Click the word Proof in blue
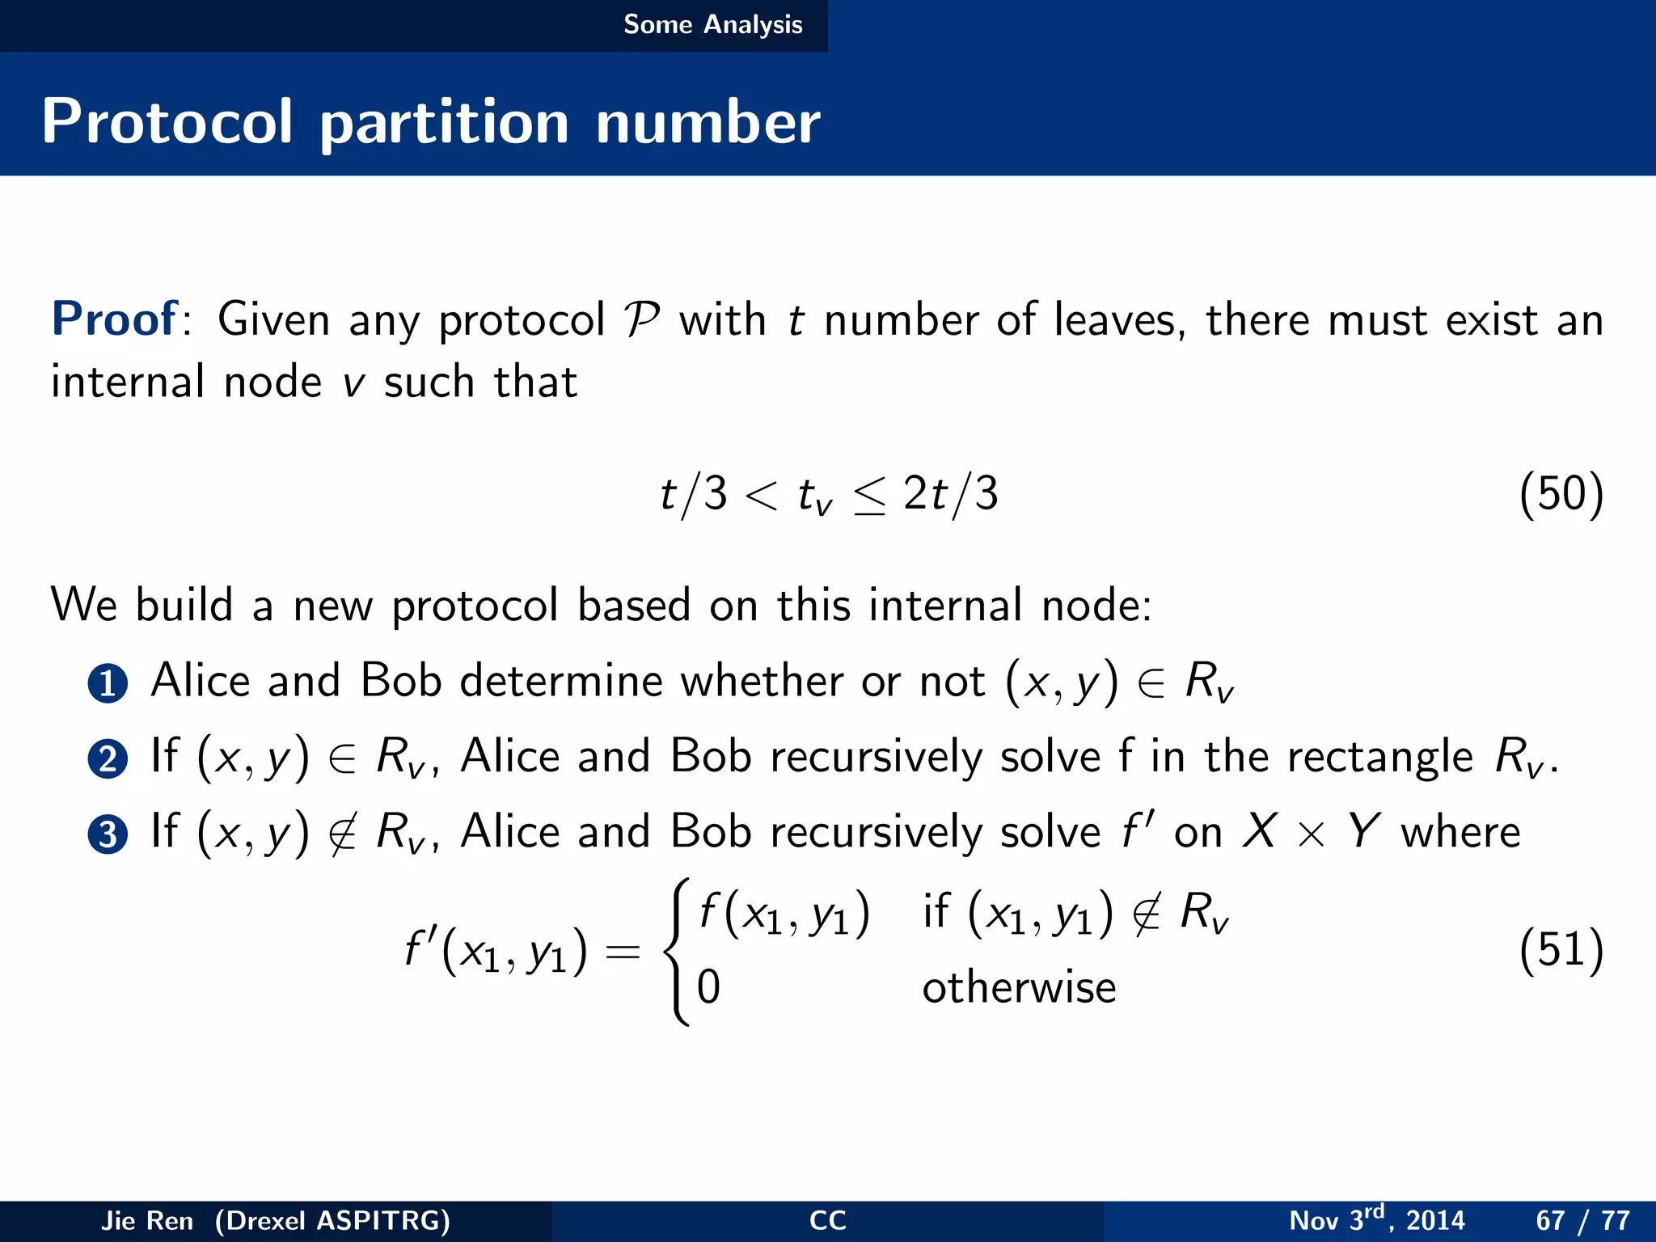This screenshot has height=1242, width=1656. (x=114, y=319)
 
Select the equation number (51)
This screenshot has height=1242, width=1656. (x=1561, y=949)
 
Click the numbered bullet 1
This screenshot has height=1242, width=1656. (x=108, y=683)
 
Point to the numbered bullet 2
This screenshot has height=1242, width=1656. (x=108, y=759)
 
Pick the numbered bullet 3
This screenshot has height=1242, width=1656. (x=108, y=834)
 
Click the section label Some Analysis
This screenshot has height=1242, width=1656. (x=712, y=24)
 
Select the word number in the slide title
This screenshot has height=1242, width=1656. (x=708, y=123)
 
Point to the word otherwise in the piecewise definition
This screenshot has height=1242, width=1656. (x=1019, y=987)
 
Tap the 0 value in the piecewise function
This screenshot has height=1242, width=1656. (x=708, y=987)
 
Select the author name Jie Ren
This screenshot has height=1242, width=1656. (x=147, y=1220)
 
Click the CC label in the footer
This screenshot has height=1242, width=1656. (x=827, y=1220)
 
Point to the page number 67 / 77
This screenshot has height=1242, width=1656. (x=1582, y=1220)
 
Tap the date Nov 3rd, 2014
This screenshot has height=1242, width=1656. (x=1376, y=1219)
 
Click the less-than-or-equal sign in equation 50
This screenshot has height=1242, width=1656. (x=869, y=495)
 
